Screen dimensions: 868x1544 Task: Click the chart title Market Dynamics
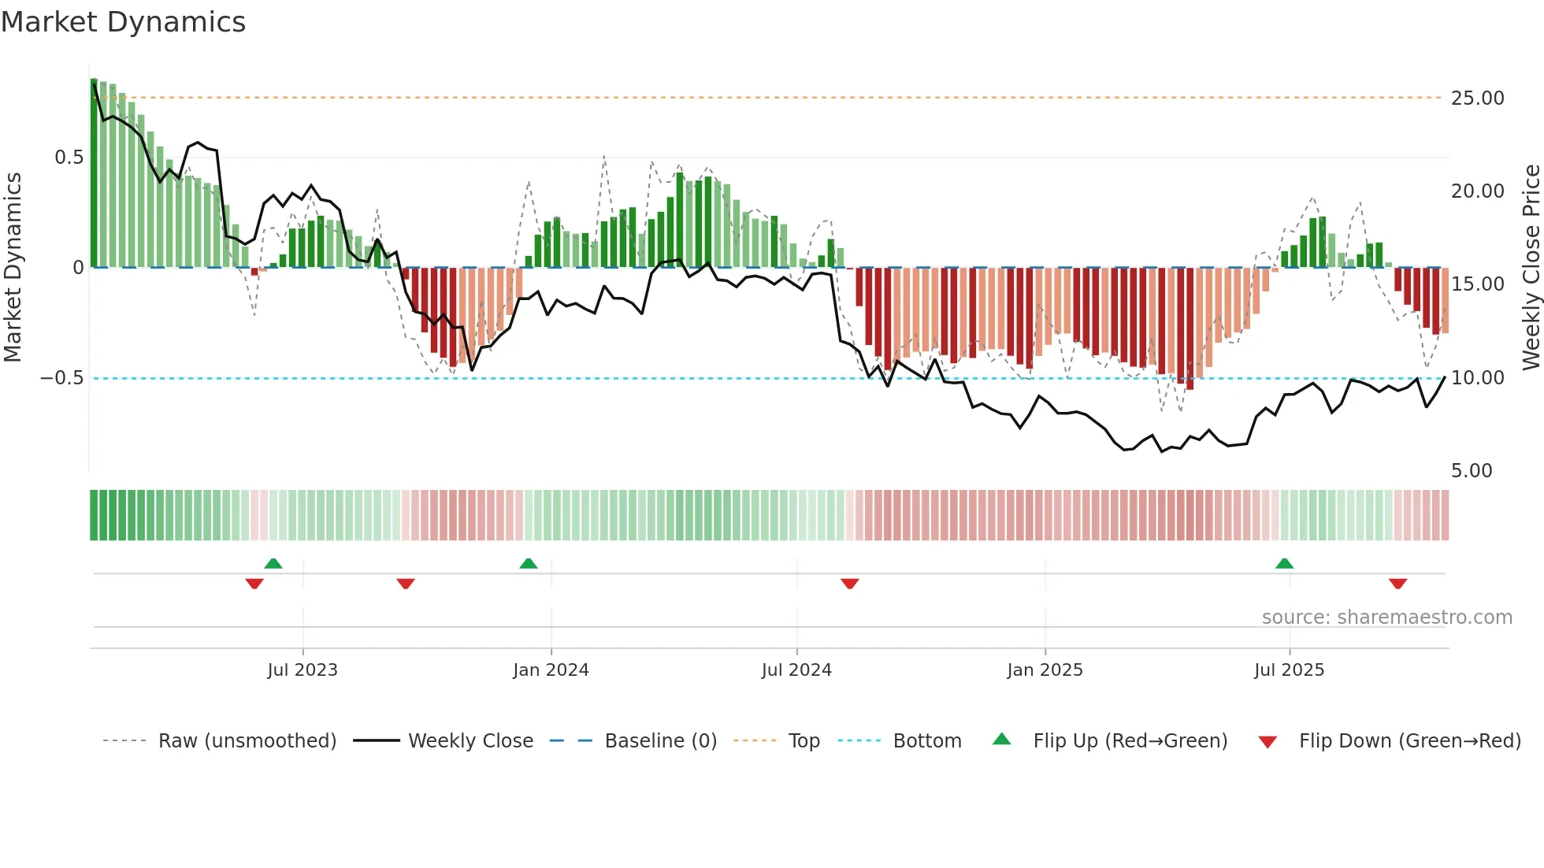123,22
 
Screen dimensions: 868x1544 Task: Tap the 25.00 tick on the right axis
1477,98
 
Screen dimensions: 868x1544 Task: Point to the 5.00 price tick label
1472,471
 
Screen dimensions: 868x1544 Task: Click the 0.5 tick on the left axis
69,158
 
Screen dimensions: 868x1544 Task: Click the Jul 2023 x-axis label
302,670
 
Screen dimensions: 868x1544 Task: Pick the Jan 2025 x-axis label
1045,670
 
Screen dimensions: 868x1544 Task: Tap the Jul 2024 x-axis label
796,670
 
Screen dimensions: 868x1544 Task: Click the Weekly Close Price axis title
1531,268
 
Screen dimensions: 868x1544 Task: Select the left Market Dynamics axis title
13,268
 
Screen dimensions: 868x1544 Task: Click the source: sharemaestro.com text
1386,618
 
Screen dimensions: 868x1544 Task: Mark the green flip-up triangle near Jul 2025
1284,564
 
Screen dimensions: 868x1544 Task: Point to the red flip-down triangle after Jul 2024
849,584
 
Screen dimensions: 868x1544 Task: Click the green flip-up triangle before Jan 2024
529,564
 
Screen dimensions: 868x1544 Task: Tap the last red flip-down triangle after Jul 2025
1397,584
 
